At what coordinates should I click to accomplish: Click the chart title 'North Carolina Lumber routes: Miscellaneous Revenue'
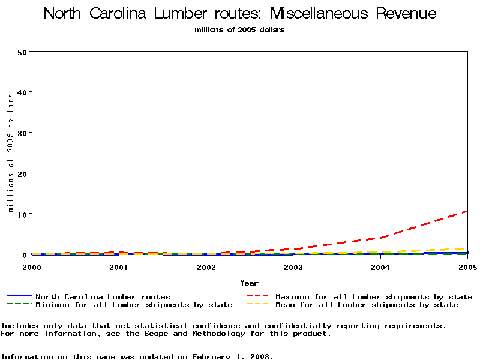pyautogui.click(x=240, y=14)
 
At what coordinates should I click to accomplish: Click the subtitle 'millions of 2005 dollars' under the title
pyautogui.click(x=239, y=30)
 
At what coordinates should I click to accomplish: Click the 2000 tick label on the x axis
pyautogui.click(x=32, y=266)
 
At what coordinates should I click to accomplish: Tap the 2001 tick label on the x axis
pyautogui.click(x=119, y=266)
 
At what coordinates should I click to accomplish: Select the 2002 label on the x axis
pyautogui.click(x=206, y=266)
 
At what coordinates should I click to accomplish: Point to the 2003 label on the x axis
pyautogui.click(x=293, y=266)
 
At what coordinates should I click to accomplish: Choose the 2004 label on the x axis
pyautogui.click(x=380, y=266)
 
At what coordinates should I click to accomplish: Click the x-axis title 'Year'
pyautogui.click(x=249, y=283)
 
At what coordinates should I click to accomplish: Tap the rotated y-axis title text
pyautogui.click(x=11, y=153)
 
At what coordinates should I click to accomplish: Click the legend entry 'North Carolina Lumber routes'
pyautogui.click(x=103, y=296)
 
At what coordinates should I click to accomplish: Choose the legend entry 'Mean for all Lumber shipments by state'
pyautogui.click(x=367, y=305)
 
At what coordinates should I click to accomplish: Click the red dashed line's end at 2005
pyautogui.click(x=466, y=211)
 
